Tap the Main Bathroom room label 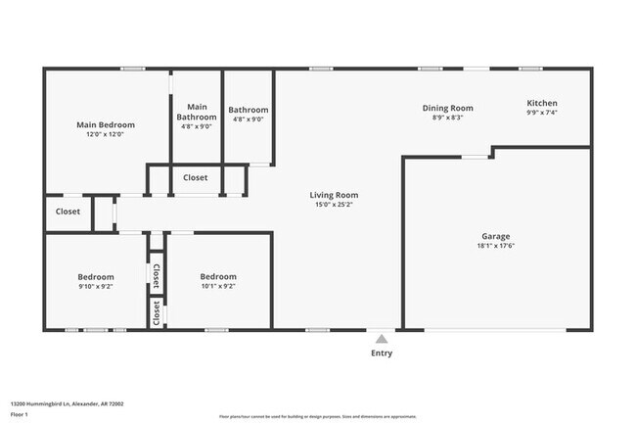pos(197,112)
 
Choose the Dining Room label pos(447,108)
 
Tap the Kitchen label pos(542,103)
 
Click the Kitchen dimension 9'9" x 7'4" pos(542,113)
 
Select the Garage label pos(495,236)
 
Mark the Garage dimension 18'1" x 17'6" pos(495,247)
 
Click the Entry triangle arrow pos(382,337)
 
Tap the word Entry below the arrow pos(382,354)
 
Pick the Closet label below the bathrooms pos(195,178)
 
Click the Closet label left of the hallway pos(68,212)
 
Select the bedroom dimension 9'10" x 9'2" pos(96,287)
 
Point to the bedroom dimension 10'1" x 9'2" pos(217,287)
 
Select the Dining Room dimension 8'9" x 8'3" pos(447,118)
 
